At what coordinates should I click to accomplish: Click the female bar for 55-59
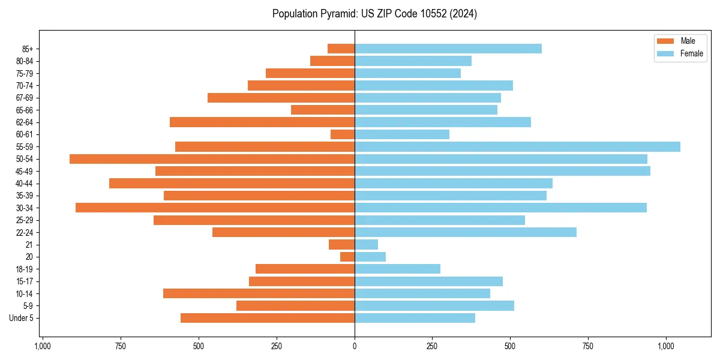[517, 146]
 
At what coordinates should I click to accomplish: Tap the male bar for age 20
[347, 257]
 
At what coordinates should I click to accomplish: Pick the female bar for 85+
[448, 49]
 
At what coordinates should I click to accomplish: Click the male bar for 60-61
[343, 134]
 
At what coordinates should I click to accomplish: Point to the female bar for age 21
[366, 244]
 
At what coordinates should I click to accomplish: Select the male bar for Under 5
[268, 318]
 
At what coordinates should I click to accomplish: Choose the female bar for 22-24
[465, 232]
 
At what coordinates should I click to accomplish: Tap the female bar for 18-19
[397, 269]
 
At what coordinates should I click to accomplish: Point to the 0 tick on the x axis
[355, 346]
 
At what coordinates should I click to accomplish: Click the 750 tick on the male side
[120, 346]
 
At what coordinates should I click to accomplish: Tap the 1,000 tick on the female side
[666, 346]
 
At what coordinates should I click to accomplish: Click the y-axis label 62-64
[25, 122]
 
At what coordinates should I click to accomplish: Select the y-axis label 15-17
[25, 281]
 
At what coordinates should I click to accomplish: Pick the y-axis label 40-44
[25, 184]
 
